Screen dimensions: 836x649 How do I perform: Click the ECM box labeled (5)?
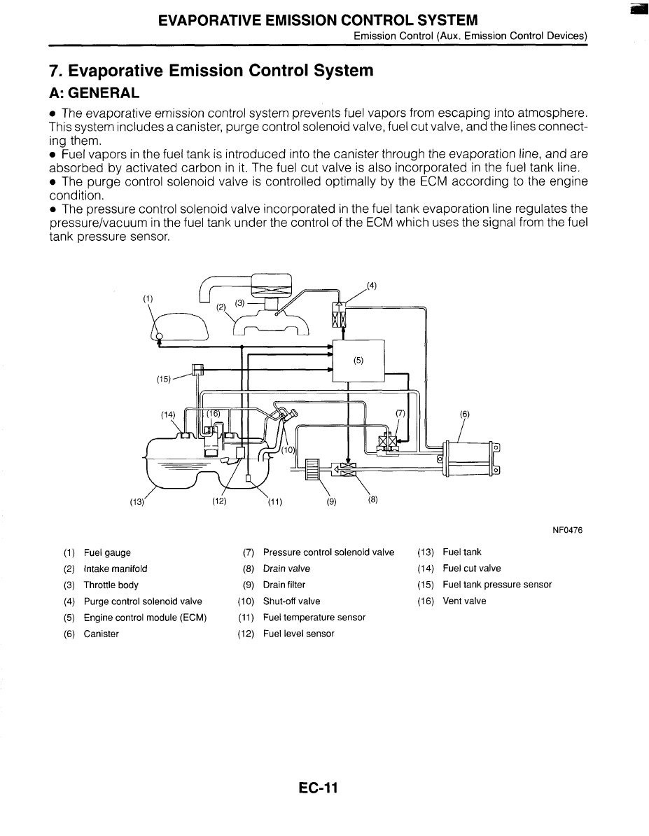358,361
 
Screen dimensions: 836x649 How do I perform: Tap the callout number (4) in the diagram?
372,285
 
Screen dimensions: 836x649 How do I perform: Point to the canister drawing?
468,458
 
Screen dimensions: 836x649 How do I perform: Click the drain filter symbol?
313,468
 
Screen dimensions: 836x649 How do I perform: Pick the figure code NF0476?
568,530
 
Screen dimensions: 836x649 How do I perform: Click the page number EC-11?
318,788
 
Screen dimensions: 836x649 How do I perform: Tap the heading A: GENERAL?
95,92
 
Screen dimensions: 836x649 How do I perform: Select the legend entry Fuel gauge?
107,552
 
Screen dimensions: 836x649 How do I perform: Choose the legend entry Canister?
101,634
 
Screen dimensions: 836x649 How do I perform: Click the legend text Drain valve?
286,569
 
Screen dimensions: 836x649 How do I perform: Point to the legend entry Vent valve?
464,601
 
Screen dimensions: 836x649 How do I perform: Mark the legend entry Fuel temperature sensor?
314,617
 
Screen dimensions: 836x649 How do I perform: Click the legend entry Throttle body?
111,585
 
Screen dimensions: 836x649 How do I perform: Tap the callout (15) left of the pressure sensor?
164,379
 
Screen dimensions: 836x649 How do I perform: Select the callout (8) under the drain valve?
372,500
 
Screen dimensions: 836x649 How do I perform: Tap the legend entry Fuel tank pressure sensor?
497,585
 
